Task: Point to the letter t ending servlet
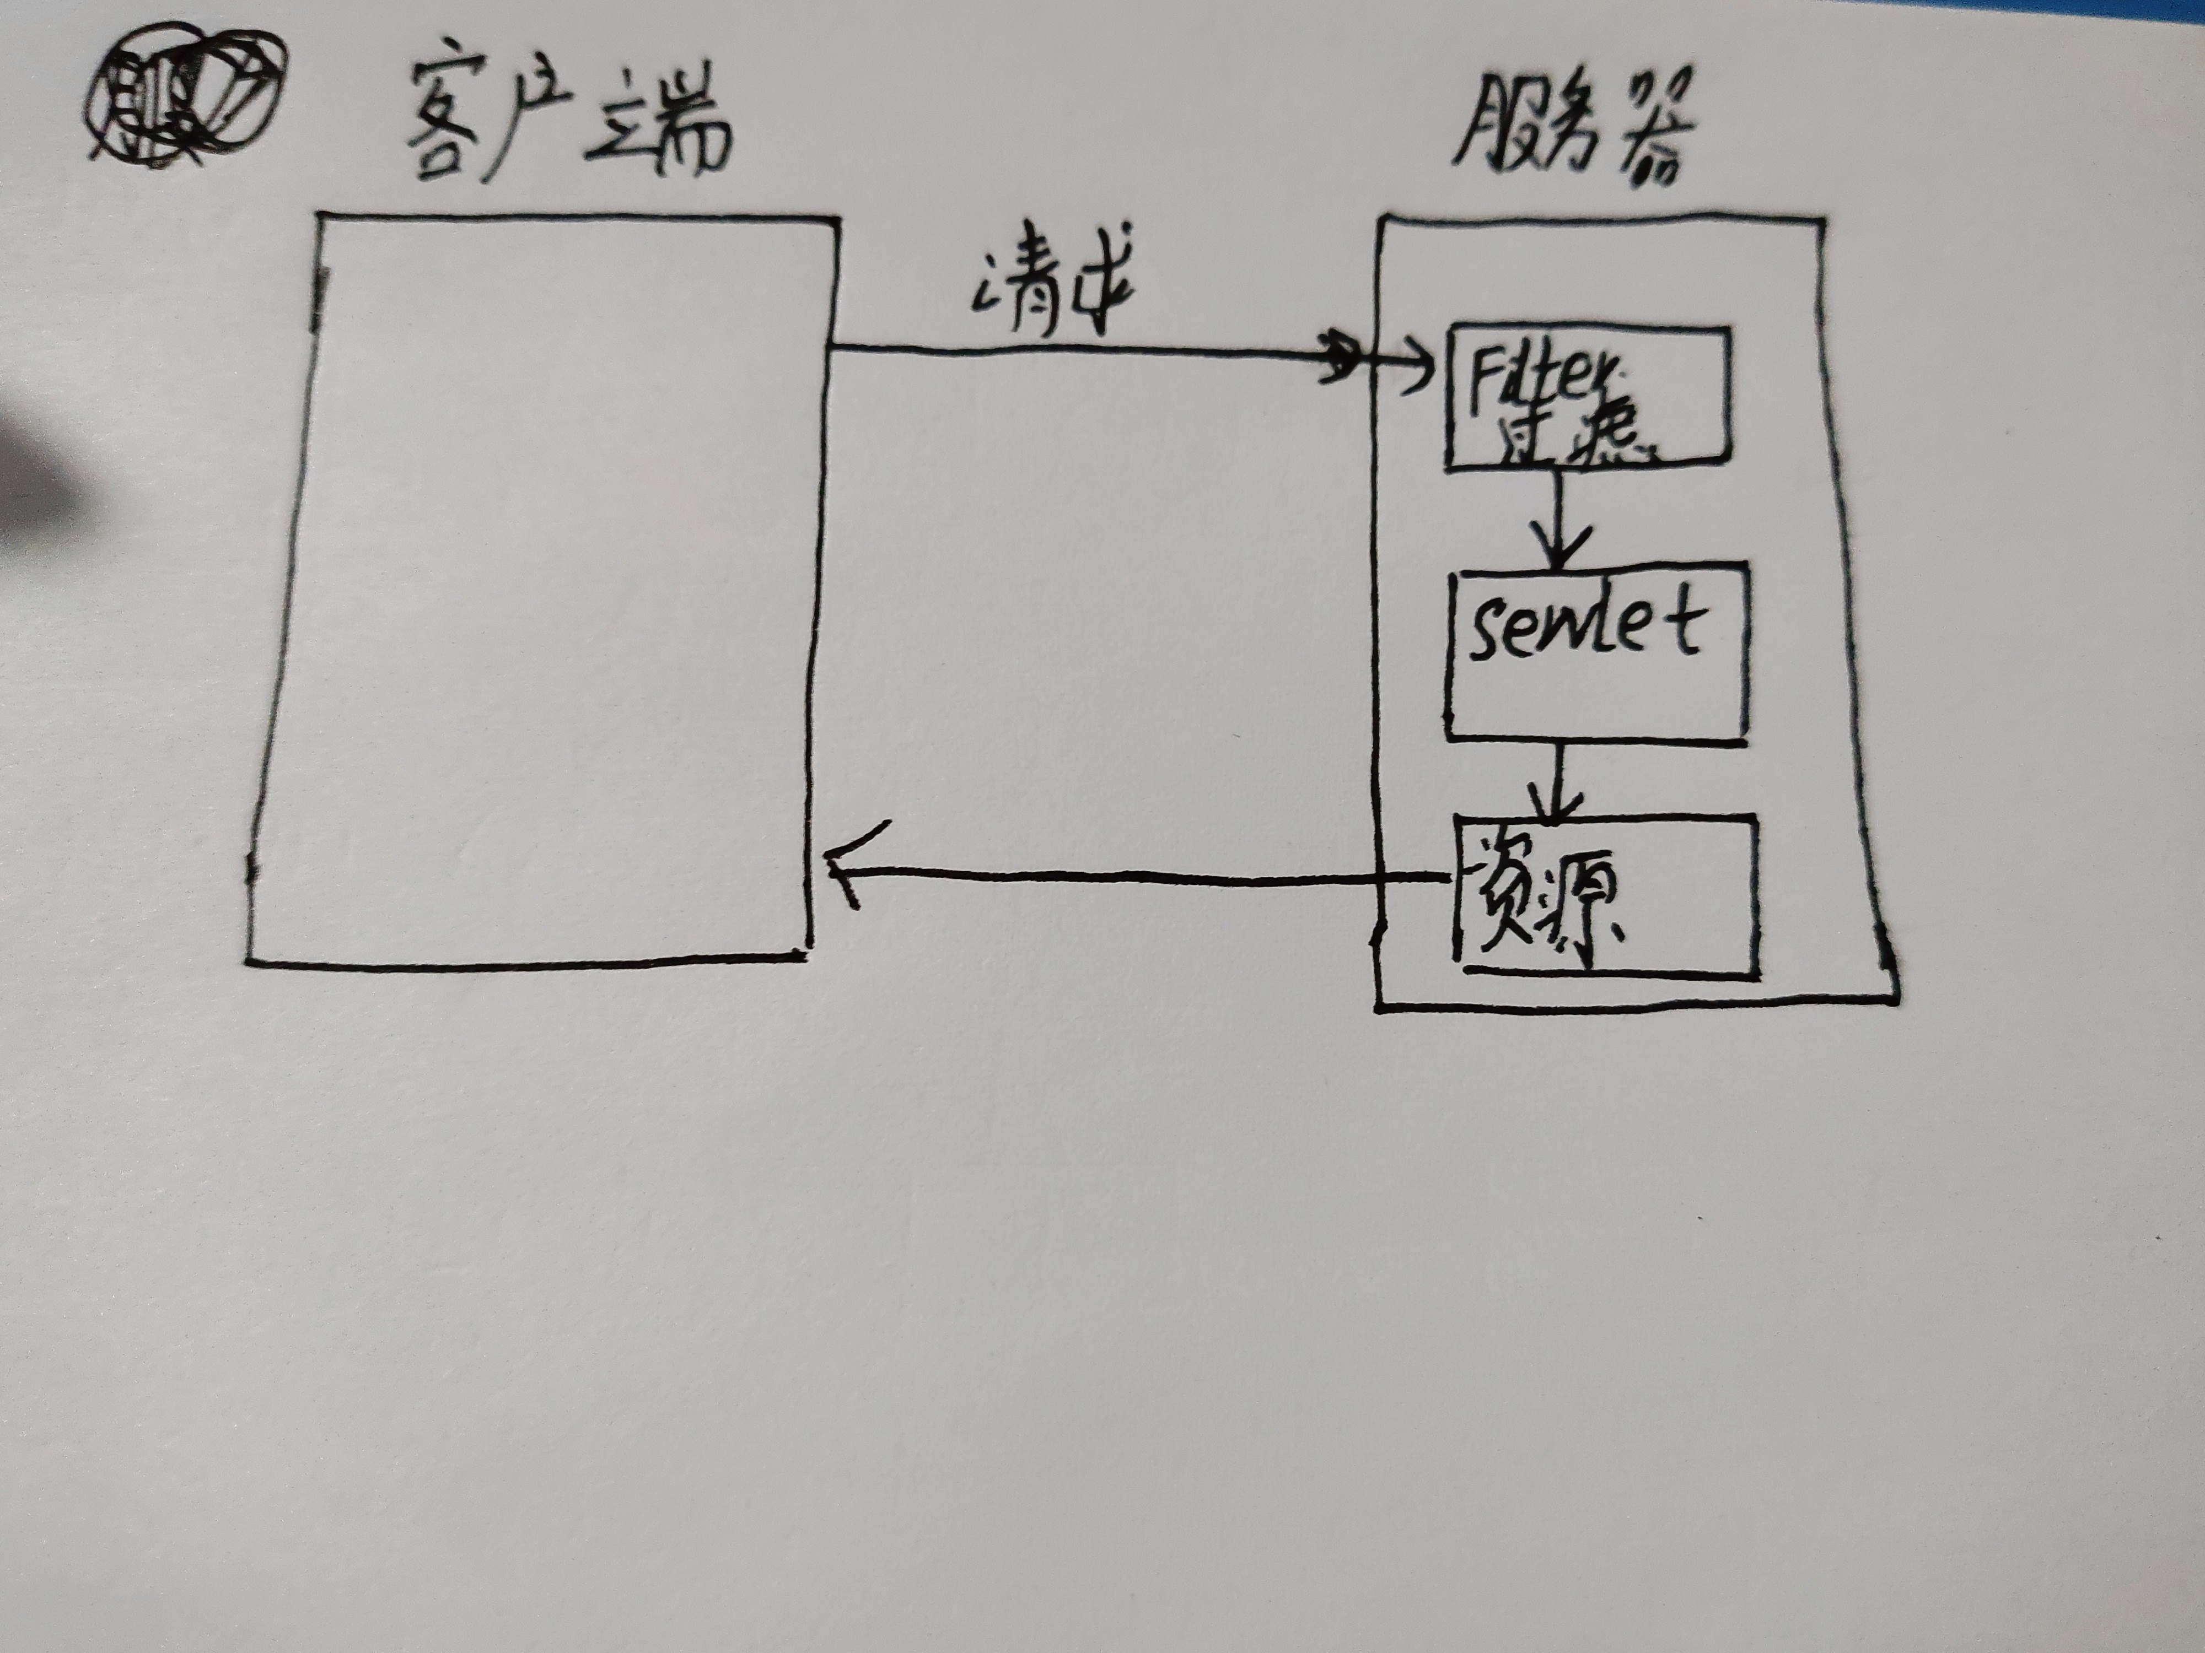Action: point(1685,623)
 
